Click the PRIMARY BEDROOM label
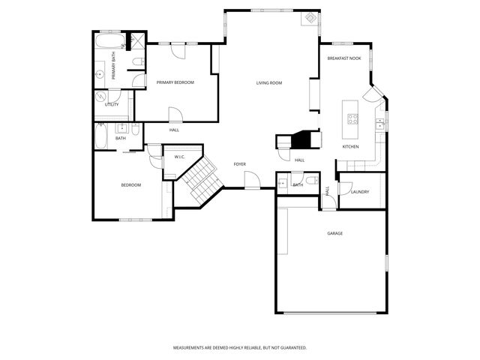click(175, 82)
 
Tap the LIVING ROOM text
click(268, 82)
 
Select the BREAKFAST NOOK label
click(345, 58)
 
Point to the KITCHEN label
click(350, 146)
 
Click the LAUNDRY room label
click(359, 192)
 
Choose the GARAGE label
click(334, 233)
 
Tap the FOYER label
click(239, 163)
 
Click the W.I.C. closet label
click(179, 157)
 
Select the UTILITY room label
click(112, 104)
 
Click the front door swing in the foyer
click(253, 179)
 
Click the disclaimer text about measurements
click(240, 348)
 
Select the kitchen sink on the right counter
click(380, 121)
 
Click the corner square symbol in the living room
click(308, 18)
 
